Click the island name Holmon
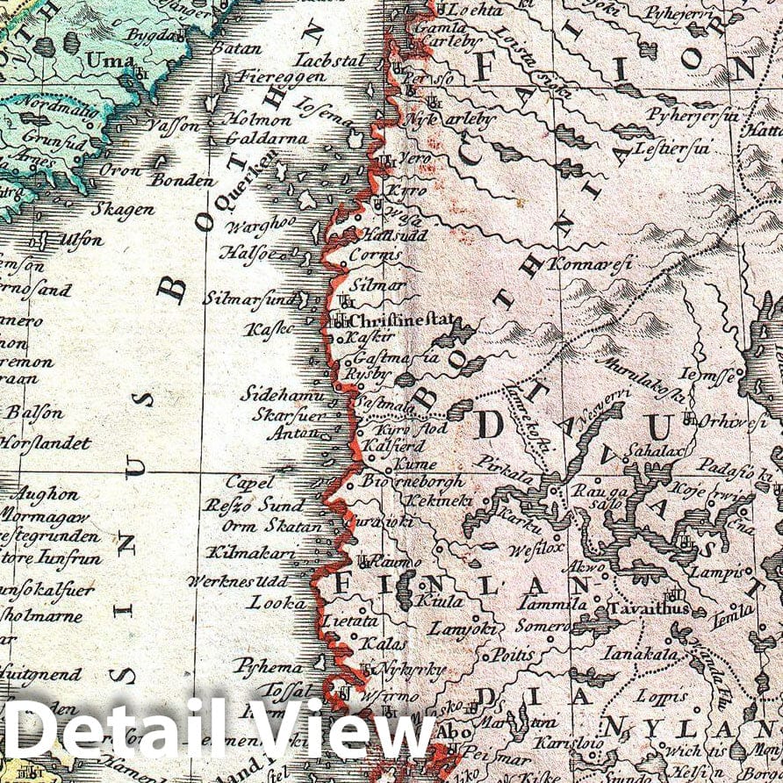tap(257, 119)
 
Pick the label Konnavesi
tap(591, 262)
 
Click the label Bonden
tap(181, 181)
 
